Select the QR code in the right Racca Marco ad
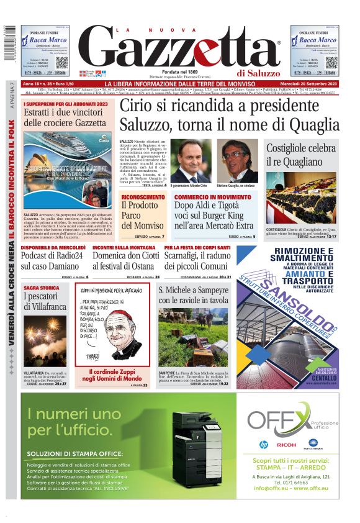(x=331, y=62)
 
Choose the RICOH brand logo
(x=286, y=444)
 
